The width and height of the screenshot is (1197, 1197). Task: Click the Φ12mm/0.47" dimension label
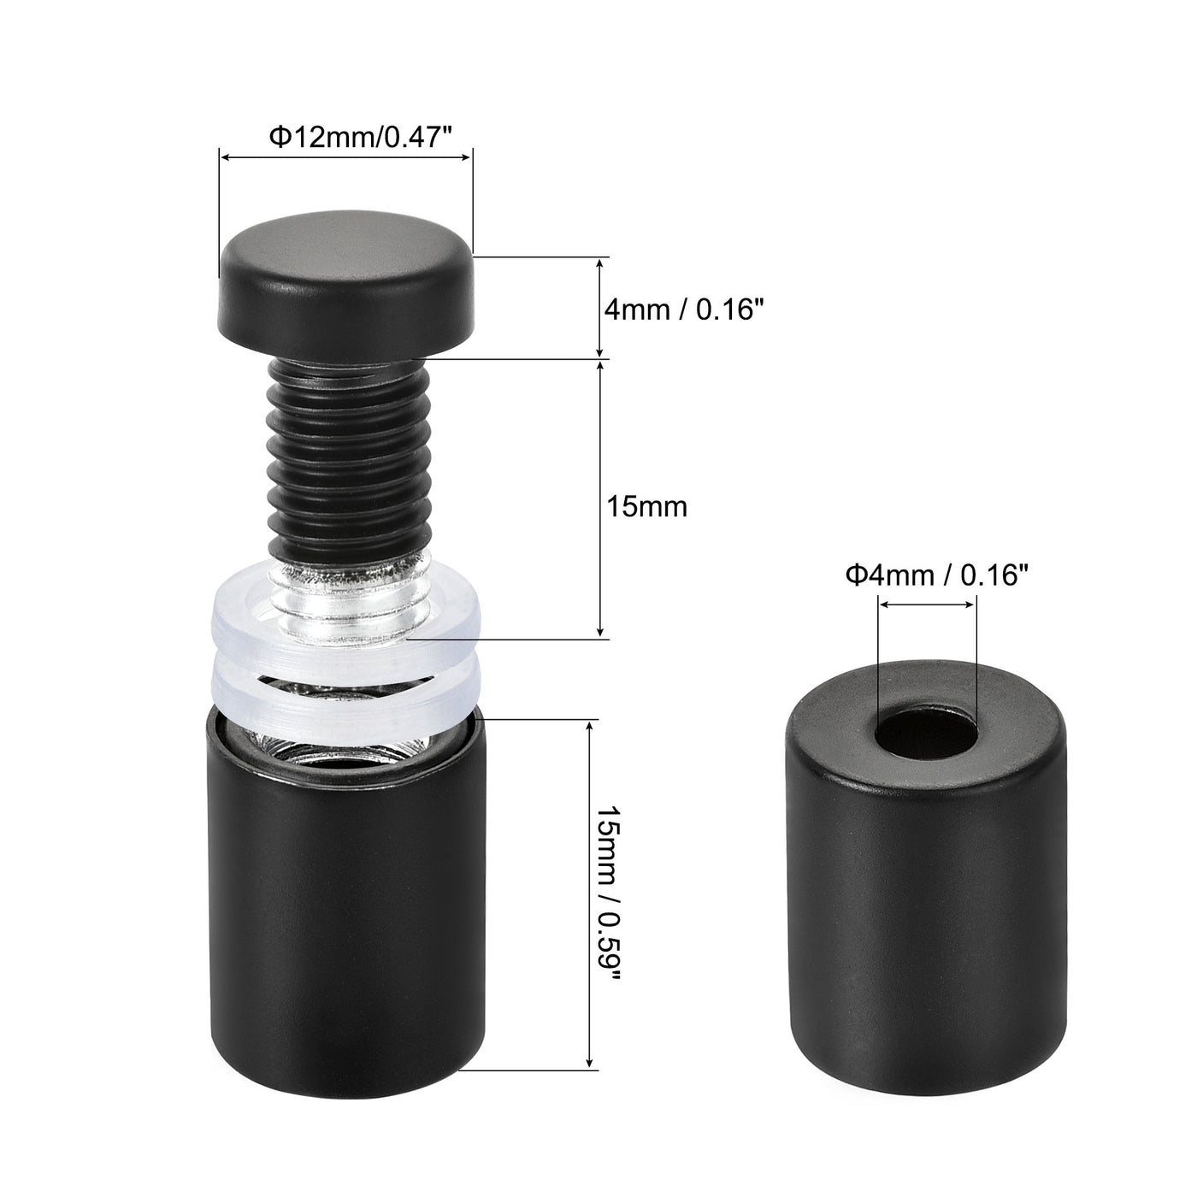point(361,136)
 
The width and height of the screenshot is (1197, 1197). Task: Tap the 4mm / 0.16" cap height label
point(683,309)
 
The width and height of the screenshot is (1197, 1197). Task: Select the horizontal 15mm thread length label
point(646,506)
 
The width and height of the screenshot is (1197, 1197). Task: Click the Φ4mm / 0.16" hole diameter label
point(933,575)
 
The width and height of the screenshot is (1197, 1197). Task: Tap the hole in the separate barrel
point(926,731)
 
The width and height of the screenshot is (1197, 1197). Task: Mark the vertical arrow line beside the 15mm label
point(600,499)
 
